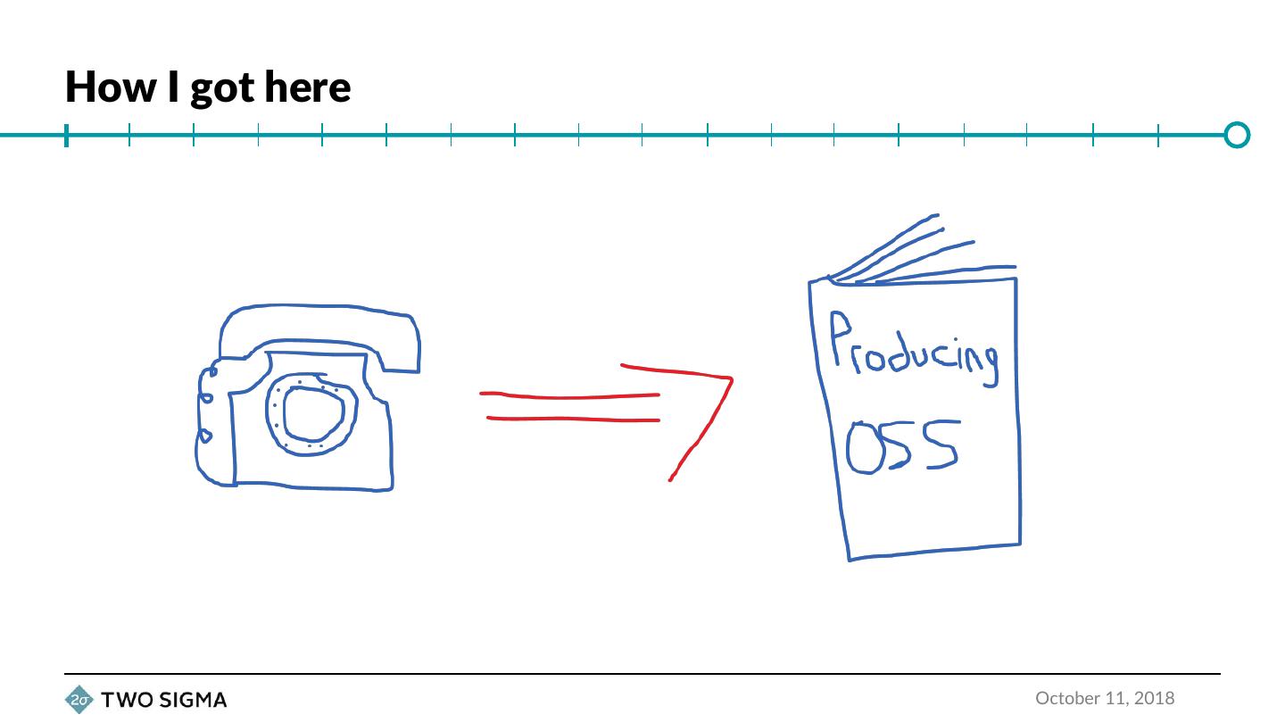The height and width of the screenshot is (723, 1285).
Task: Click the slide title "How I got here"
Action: (208, 87)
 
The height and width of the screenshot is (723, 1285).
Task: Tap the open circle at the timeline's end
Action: (1237, 135)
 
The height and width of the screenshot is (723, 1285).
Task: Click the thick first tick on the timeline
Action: (66, 136)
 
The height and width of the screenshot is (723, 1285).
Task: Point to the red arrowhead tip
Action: (731, 379)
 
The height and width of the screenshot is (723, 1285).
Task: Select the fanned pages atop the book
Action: (919, 254)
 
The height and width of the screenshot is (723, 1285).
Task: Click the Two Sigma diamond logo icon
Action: (79, 700)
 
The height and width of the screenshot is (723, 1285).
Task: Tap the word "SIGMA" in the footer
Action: (192, 700)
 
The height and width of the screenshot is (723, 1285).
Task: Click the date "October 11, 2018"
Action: (1105, 698)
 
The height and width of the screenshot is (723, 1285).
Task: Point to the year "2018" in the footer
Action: (1155, 698)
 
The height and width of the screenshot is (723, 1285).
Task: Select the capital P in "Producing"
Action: (840, 337)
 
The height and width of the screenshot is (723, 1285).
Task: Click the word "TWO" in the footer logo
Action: (126, 700)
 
